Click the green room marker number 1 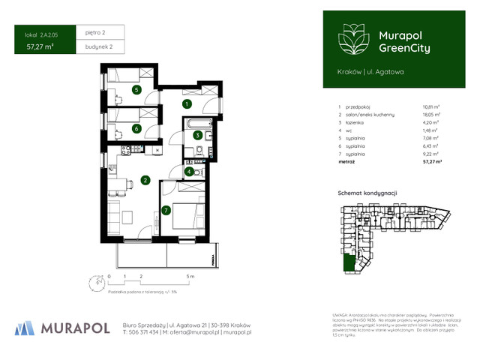187,103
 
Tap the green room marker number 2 145,180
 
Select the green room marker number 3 197,136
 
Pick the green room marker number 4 190,172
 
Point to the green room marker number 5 136,90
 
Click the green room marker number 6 136,128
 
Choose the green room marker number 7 166,211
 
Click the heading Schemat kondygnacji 365,193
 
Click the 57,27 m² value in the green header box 39,46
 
